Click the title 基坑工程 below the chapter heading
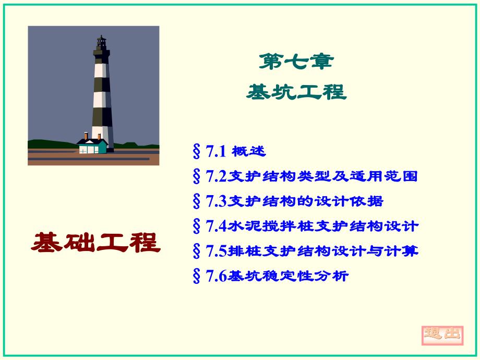[x=296, y=92]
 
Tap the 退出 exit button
[x=442, y=333]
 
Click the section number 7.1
[x=215, y=151]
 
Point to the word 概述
[x=249, y=151]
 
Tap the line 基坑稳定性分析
[x=288, y=276]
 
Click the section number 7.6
[x=215, y=276]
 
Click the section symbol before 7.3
[x=197, y=201]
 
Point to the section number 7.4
[x=215, y=226]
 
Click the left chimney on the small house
[x=86, y=136]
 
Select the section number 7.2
[x=215, y=176]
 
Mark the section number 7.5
[x=215, y=251]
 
